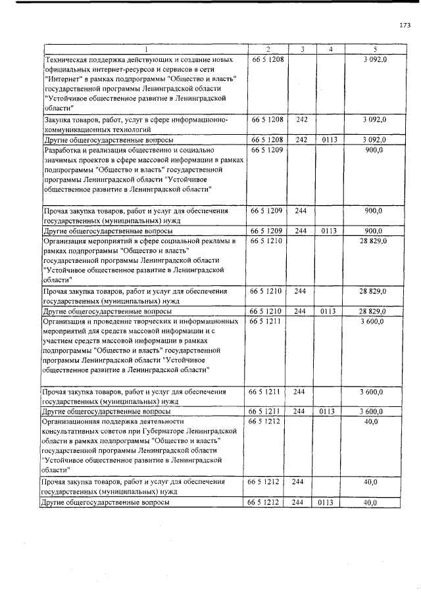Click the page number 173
click(405, 26)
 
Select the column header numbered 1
click(145, 50)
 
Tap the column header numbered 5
click(374, 50)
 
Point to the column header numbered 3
click(301, 50)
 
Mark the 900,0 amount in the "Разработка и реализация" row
click(374, 151)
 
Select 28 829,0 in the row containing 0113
click(372, 311)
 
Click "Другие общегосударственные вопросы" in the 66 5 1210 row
click(107, 311)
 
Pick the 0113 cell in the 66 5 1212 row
click(328, 503)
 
